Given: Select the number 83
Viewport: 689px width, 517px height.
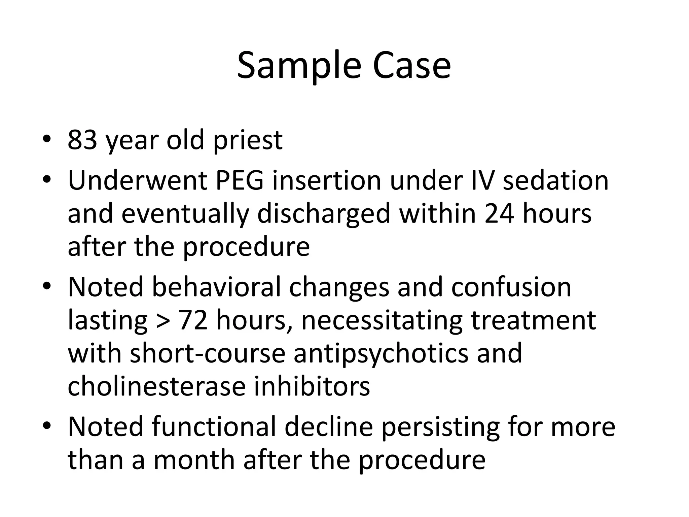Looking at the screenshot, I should (x=82, y=140).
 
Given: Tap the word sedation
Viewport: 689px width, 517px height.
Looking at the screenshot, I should (x=555, y=181).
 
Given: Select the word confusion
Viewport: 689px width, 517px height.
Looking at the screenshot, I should (x=511, y=287).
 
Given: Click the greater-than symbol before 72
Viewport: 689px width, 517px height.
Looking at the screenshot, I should (x=163, y=320).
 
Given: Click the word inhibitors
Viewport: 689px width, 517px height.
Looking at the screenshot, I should (x=312, y=386).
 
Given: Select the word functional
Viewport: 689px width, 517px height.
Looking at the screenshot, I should (x=214, y=426).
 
